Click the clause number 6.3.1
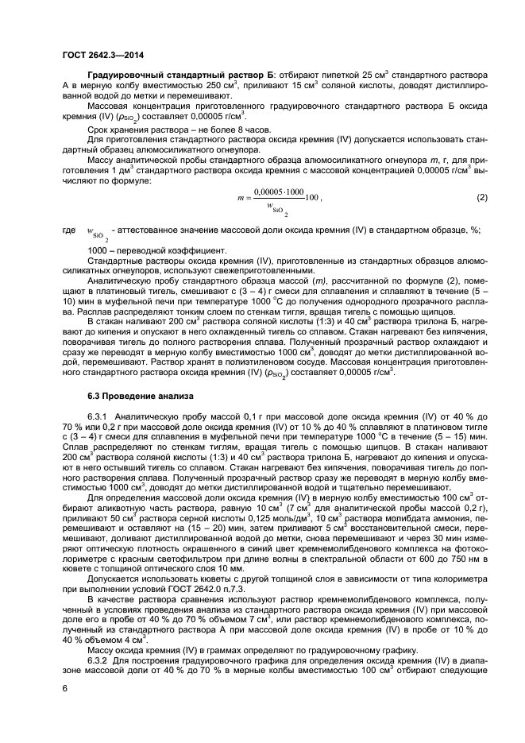pyautogui.click(x=98, y=416)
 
